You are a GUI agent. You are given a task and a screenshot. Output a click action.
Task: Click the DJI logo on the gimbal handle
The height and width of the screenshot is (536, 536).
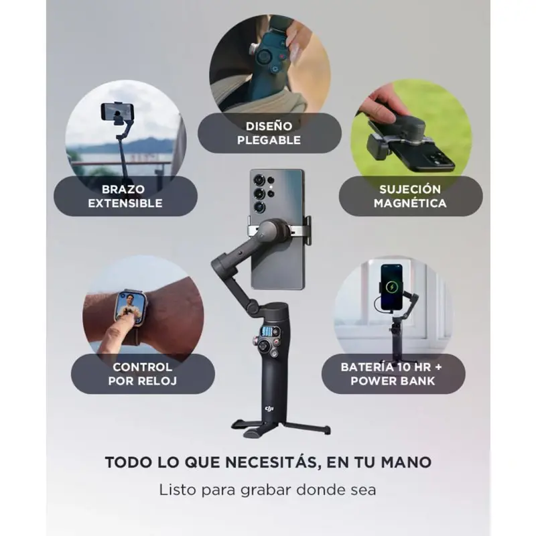tap(269, 409)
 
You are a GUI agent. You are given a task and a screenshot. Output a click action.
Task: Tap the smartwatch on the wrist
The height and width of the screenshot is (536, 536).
tap(130, 308)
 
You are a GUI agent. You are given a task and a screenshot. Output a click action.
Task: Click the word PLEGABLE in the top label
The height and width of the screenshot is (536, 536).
tap(269, 140)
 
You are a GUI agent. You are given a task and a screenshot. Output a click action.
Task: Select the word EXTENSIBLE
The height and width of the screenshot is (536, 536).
tap(125, 203)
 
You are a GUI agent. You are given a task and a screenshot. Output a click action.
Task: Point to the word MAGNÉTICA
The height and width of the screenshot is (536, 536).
tap(410, 203)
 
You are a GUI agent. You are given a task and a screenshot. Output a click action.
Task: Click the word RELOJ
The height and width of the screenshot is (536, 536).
tap(161, 381)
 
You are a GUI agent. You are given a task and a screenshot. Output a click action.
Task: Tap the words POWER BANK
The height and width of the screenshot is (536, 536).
tap(393, 381)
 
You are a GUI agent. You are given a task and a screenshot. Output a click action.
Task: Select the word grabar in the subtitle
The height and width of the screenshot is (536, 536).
tap(266, 490)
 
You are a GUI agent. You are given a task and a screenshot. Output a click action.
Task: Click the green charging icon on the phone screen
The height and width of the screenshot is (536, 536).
tap(392, 287)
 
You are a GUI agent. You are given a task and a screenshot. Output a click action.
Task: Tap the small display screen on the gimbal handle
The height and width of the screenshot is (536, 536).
tap(269, 331)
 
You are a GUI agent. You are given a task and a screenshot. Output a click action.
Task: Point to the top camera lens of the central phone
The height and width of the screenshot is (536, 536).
tap(259, 179)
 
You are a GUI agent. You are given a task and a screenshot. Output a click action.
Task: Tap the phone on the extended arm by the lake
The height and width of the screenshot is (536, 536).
tap(117, 111)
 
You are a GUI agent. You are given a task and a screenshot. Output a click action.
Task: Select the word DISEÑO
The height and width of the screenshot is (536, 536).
tap(269, 126)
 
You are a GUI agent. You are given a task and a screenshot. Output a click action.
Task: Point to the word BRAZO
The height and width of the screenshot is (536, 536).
tap(123, 190)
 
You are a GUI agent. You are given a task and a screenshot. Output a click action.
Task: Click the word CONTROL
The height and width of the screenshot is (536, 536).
tap(142, 367)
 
